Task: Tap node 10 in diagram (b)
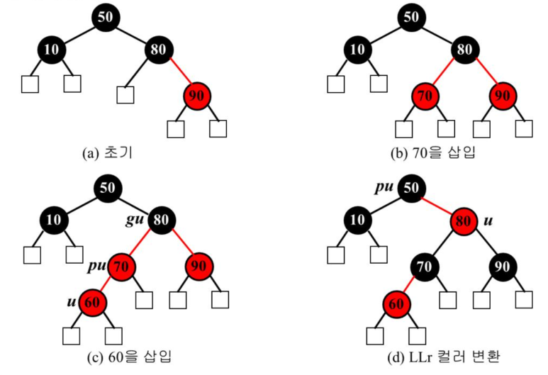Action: [359, 50]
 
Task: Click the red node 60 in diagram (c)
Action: [93, 302]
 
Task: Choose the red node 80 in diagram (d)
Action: [464, 221]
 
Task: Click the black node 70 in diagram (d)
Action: [423, 267]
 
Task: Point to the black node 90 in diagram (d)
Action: [501, 267]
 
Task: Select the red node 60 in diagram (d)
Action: [396, 303]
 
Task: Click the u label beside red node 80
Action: [488, 221]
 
